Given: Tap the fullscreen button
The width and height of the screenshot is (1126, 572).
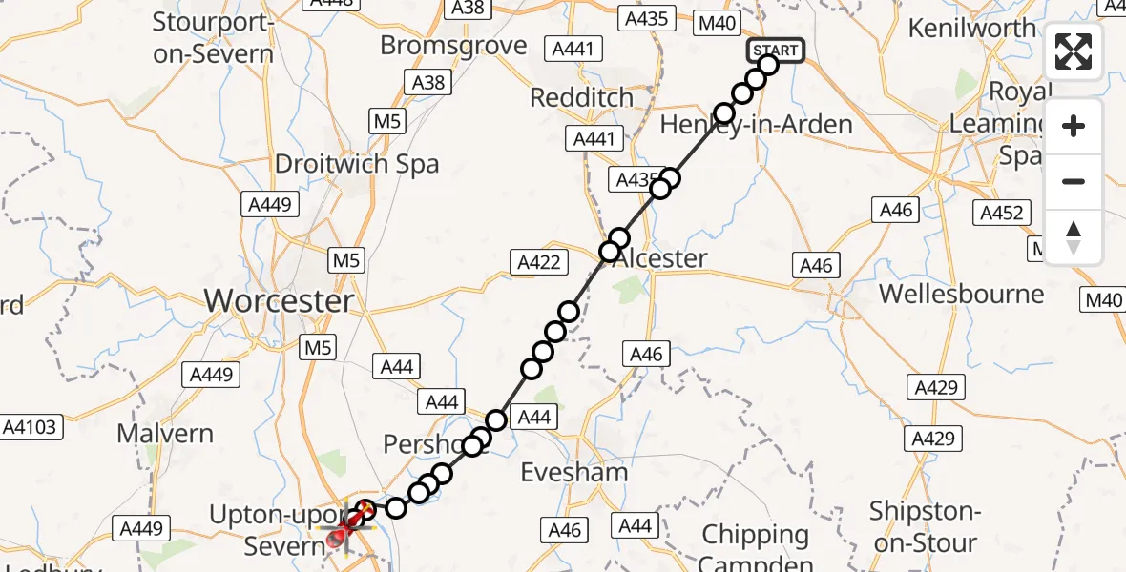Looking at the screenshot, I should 1074,51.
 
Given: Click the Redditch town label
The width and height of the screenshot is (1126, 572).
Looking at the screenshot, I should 581,97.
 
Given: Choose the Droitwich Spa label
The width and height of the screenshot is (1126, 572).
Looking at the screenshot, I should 357,163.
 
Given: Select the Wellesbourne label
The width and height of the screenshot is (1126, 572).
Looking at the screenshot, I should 962,293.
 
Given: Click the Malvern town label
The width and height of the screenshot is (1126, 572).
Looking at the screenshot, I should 165,433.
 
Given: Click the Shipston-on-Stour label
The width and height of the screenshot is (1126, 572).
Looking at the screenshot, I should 923,527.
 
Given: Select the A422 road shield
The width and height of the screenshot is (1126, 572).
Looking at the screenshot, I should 540,262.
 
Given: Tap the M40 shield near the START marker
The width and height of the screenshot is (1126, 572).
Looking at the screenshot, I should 718,23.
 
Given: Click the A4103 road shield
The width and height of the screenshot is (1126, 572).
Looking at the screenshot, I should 33,427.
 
